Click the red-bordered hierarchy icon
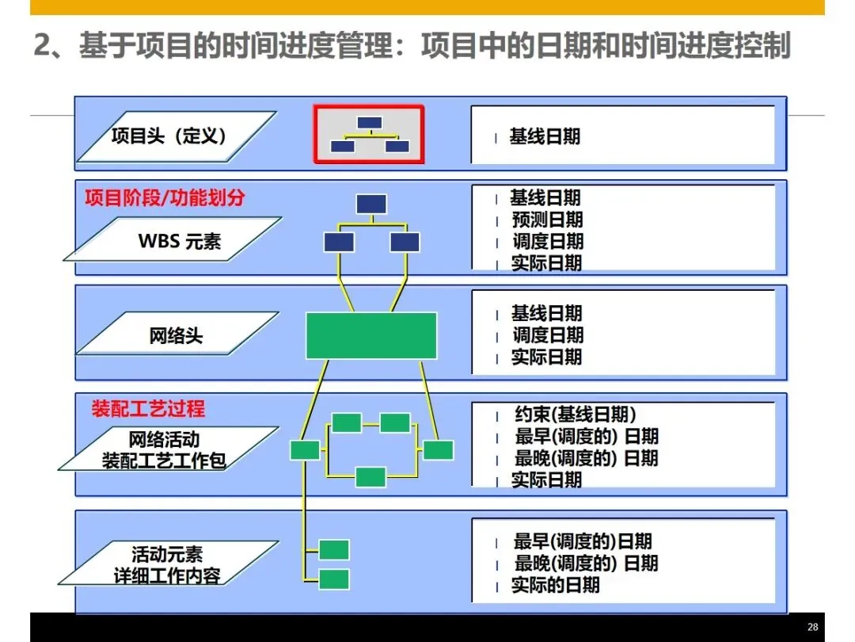[369, 134]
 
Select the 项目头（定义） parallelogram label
[174, 136]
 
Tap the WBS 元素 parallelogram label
[179, 241]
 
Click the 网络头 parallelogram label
[177, 336]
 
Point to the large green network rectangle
[371, 335]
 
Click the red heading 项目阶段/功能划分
[165, 198]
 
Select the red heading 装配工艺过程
[148, 409]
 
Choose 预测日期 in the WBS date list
[547, 220]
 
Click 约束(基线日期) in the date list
[575, 415]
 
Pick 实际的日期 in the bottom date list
[555, 586]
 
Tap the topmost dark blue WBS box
[371, 204]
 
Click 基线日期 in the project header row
[545, 136]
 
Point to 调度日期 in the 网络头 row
[547, 335]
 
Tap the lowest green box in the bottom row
[333, 579]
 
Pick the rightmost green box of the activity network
[438, 450]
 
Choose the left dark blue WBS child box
[339, 242]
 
